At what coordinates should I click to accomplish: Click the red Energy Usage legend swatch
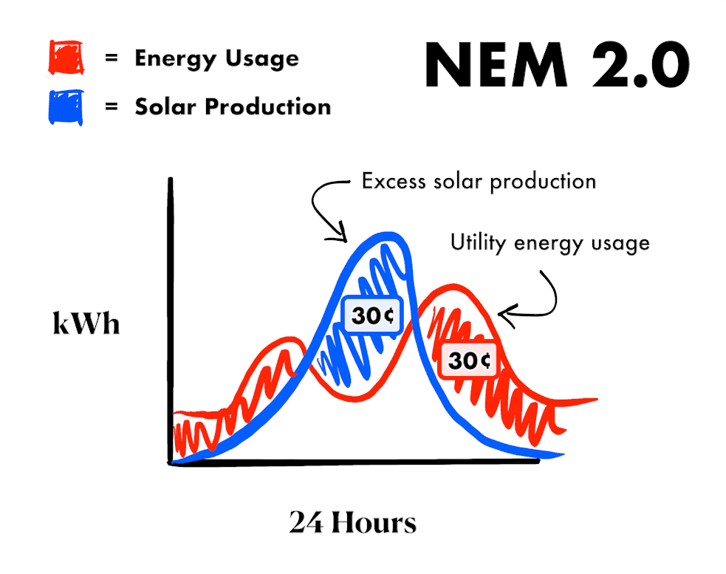[66, 57]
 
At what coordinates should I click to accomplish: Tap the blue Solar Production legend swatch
[66, 107]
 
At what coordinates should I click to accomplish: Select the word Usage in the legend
[262, 59]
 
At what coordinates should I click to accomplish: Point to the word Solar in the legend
[165, 106]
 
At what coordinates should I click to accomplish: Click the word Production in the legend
[268, 106]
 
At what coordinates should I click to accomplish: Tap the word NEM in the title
[496, 64]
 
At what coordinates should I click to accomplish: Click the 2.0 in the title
[641, 64]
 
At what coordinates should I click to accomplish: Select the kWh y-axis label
[86, 323]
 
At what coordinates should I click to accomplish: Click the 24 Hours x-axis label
[353, 522]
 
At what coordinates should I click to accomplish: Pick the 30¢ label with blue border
[372, 315]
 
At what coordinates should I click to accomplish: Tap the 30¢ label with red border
[468, 361]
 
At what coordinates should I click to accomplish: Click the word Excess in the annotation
[394, 181]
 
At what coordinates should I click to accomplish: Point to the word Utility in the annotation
[479, 243]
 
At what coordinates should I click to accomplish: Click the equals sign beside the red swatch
[111, 58]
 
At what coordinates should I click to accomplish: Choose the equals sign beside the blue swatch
[111, 106]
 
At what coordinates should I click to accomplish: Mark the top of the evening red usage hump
[453, 287]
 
